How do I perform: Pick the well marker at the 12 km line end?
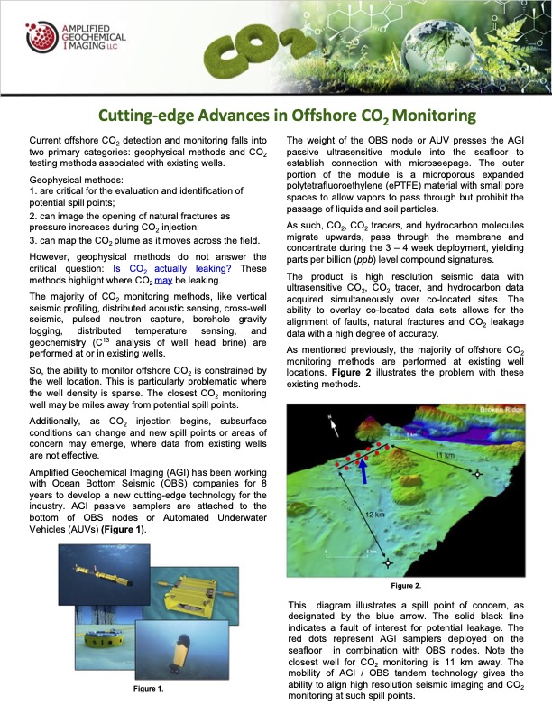coord(389,564)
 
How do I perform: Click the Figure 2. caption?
coord(405,585)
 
